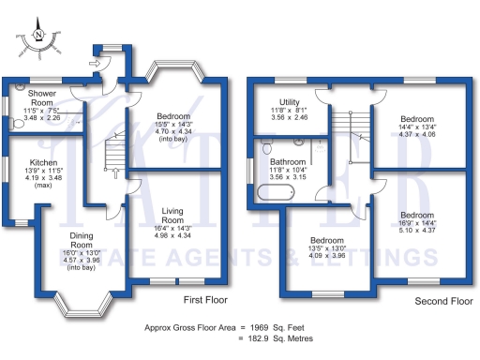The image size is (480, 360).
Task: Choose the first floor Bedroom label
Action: click(175, 117)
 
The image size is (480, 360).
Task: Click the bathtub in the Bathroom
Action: click(277, 195)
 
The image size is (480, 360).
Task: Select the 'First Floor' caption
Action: click(205, 301)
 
